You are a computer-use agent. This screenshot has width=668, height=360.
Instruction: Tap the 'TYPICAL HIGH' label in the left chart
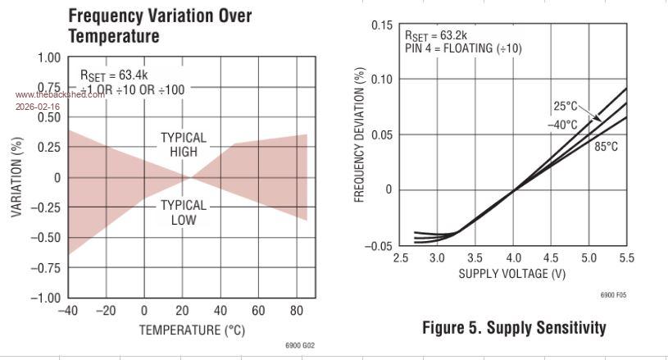pos(184,144)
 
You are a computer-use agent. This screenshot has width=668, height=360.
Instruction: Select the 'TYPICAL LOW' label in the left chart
pos(184,212)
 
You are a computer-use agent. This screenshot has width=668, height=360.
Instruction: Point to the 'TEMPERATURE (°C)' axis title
pos(192,330)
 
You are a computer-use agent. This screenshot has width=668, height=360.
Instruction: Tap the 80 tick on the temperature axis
pos(297,311)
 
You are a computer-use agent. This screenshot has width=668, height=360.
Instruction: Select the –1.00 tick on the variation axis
pos(46,298)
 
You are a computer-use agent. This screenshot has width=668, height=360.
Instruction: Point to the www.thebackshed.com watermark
pos(59,94)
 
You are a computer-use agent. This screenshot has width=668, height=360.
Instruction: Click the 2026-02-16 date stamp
pos(37,107)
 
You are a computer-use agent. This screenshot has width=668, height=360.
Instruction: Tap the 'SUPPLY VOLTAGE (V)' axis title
pos(511,273)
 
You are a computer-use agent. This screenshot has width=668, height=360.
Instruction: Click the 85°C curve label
pos(606,146)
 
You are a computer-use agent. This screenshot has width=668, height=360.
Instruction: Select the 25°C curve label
pos(565,106)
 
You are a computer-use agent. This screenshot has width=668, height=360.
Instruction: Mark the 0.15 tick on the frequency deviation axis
pos(382,25)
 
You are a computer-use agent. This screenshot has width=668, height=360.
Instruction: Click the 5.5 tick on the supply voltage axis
pos(626,257)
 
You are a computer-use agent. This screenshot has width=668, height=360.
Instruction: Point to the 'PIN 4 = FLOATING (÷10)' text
pos(463,48)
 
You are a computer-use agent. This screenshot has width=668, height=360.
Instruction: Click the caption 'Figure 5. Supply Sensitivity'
pos(514,328)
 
